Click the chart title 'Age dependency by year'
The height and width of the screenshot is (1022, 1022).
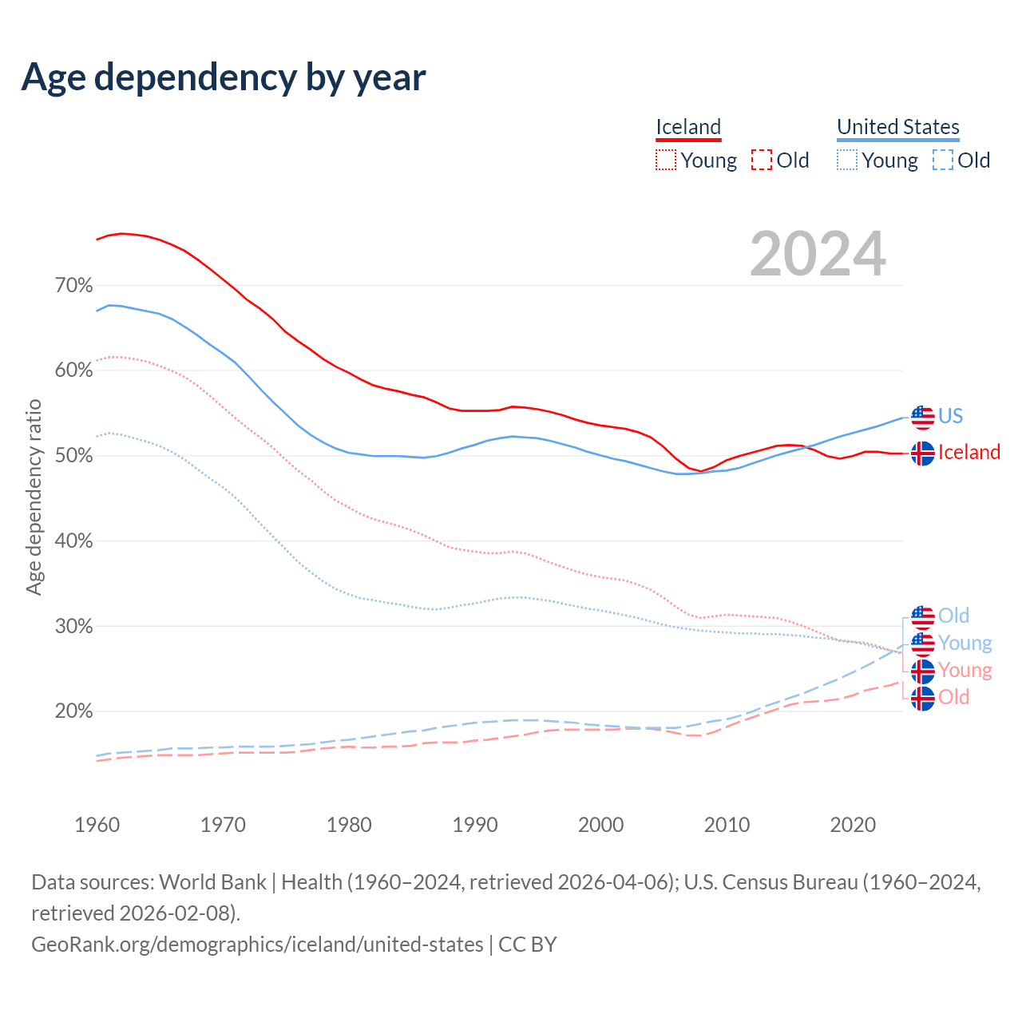[224, 77]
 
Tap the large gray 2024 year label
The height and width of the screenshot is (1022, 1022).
[818, 254]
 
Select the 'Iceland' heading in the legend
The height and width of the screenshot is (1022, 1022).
[688, 127]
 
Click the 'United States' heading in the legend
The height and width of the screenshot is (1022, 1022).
[897, 127]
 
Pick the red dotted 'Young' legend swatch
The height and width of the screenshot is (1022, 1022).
[665, 160]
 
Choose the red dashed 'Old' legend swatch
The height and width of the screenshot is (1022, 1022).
[762, 160]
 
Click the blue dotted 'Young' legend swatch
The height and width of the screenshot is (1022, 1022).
[846, 160]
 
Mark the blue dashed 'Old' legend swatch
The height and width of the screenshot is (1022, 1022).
[943, 160]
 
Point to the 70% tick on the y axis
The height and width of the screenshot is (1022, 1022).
[73, 285]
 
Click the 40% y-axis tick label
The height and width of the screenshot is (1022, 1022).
[73, 541]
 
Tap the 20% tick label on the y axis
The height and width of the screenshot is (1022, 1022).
[73, 711]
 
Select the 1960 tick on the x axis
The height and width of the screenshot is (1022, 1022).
[97, 825]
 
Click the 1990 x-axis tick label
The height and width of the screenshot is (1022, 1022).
[475, 825]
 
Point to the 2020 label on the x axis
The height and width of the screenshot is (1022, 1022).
[853, 825]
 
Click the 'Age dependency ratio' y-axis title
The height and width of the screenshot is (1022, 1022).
[34, 497]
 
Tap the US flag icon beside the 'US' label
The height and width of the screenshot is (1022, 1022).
[922, 417]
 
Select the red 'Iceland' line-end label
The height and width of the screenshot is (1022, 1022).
[969, 452]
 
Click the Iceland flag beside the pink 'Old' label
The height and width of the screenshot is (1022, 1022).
[922, 698]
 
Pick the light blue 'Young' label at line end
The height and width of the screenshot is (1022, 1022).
[965, 643]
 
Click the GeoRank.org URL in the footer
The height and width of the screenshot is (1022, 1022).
[257, 944]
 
